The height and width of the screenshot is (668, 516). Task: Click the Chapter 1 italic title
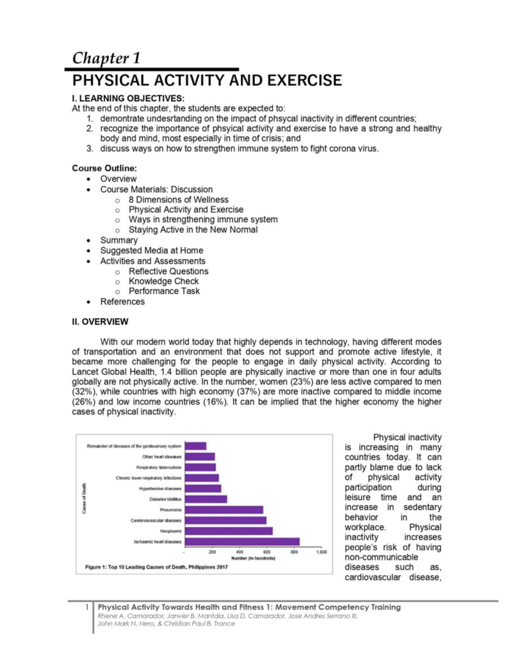click(106, 58)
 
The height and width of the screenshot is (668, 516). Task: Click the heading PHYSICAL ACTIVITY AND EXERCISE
click(207, 80)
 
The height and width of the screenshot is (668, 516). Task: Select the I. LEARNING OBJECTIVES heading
click(128, 99)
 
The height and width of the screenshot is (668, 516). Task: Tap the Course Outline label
click(104, 168)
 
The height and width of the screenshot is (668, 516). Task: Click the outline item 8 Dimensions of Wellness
click(178, 200)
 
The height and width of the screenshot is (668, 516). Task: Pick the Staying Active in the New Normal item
click(193, 230)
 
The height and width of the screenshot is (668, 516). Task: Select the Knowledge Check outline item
click(163, 281)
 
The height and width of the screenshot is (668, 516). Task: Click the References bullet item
click(123, 302)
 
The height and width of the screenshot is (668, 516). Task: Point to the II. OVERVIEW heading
click(100, 322)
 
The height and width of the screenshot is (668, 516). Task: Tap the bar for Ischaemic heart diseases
click(242, 542)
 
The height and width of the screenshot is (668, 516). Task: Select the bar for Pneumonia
click(224, 510)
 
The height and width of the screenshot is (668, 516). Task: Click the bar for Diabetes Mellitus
click(206, 499)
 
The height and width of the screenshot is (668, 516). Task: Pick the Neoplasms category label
click(170, 531)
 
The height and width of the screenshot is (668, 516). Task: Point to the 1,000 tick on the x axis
click(322, 552)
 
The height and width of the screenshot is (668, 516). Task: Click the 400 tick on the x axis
click(240, 552)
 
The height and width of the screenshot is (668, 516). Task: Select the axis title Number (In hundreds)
click(253, 558)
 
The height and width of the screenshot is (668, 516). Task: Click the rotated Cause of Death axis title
click(84, 499)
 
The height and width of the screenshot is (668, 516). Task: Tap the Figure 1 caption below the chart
click(157, 567)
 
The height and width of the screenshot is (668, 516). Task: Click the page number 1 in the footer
click(87, 607)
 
